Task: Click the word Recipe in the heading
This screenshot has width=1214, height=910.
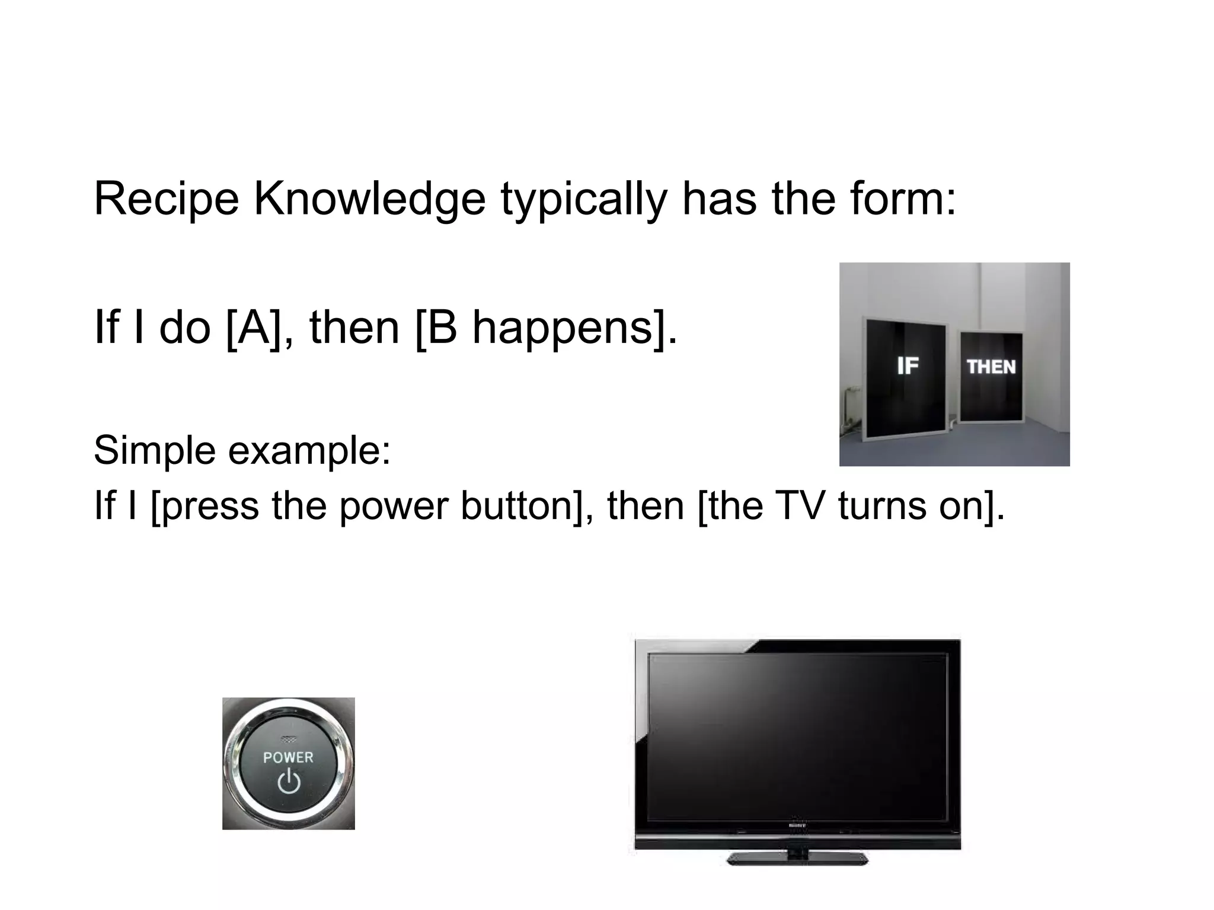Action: pyautogui.click(x=166, y=200)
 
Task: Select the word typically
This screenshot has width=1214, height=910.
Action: pyautogui.click(x=584, y=200)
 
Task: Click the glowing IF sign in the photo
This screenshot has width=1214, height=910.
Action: pyautogui.click(x=908, y=366)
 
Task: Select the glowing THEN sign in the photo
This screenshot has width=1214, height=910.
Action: pyautogui.click(x=991, y=367)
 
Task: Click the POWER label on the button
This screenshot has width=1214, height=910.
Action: pyautogui.click(x=288, y=757)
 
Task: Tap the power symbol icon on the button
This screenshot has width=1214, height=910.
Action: pyautogui.click(x=289, y=781)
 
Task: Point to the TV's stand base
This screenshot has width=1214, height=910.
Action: pyautogui.click(x=797, y=858)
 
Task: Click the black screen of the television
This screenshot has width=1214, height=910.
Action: pyautogui.click(x=797, y=735)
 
